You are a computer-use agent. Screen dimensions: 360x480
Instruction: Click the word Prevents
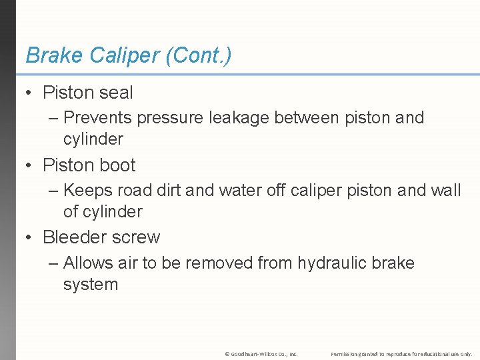click(x=97, y=118)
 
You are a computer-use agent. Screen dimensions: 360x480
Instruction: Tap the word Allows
click(x=89, y=263)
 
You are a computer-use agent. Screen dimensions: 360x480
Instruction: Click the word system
click(x=91, y=285)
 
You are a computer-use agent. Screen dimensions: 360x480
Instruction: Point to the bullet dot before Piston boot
click(x=30, y=165)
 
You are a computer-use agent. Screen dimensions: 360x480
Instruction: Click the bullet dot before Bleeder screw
click(x=30, y=237)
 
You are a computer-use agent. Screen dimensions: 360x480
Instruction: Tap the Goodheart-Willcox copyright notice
click(x=261, y=354)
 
